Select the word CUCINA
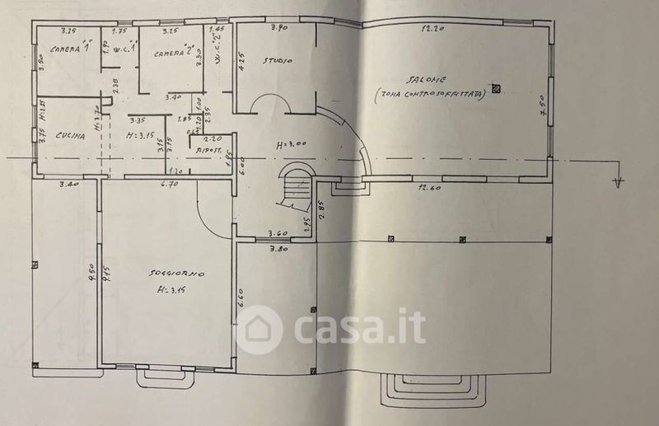[x=72, y=136]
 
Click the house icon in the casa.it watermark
[x=259, y=330]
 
